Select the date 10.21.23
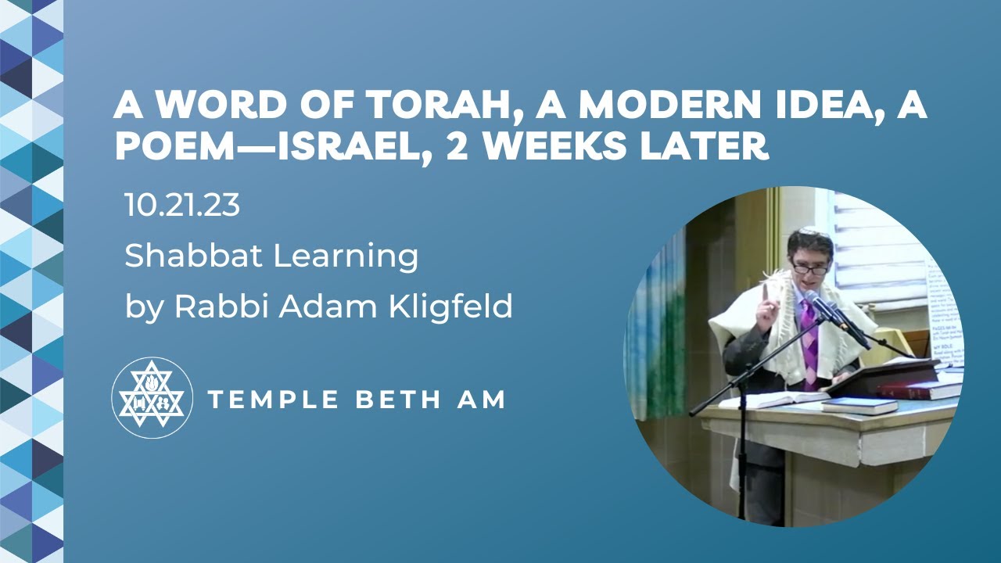[x=181, y=206]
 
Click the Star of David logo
[x=152, y=397]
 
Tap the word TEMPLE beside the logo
[x=273, y=400]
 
